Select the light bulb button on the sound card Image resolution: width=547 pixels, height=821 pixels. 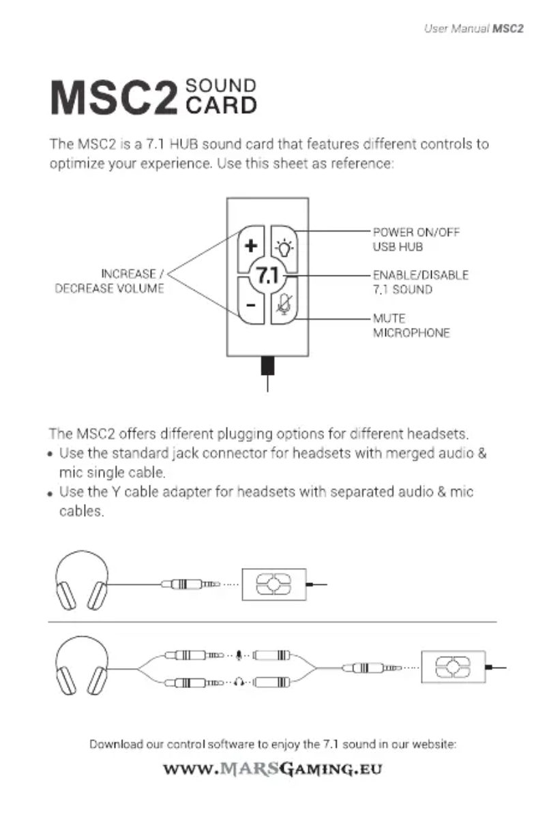pos(284,246)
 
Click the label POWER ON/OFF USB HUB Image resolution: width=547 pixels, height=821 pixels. pos(416,239)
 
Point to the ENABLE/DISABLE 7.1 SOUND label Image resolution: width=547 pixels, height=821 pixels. pos(420,282)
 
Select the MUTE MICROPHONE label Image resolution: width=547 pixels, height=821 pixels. pos(411,326)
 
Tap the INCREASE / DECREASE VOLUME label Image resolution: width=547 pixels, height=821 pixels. pos(109,282)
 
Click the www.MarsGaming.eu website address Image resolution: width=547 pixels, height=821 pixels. pos(273,771)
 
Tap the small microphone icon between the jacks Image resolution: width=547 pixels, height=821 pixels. pos(239,656)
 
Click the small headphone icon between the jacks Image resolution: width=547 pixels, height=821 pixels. pos(239,680)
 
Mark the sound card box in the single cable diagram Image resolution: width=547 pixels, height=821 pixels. pos(273,584)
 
